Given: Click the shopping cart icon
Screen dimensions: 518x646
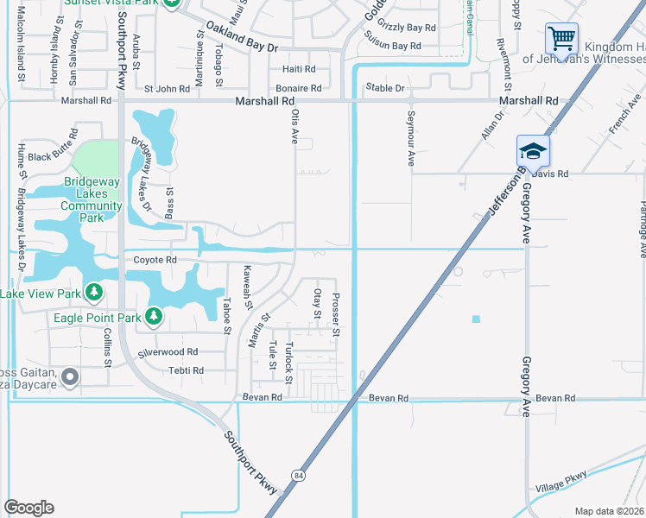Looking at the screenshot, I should coord(561,39).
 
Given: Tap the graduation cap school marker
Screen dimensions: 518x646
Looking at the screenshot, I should coord(533,151).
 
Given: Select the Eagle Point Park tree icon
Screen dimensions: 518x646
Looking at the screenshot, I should coord(154,318).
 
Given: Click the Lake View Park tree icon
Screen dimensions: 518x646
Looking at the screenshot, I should coord(93,294).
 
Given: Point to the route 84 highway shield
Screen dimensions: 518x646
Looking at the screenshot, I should coord(299,476).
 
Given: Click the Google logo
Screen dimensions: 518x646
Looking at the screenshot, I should coord(28,508).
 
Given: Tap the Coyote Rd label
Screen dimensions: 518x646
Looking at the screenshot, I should coord(155,260).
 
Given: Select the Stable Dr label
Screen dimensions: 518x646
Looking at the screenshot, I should coord(385,88).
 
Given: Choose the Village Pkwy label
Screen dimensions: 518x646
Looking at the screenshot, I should coord(563,481).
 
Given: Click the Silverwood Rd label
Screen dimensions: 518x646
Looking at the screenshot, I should coord(168,352).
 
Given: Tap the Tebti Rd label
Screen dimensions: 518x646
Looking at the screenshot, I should coord(186,370).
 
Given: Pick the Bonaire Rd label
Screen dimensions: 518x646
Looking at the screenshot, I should coord(299,88).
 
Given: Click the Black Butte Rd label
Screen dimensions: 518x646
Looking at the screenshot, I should coord(53,157).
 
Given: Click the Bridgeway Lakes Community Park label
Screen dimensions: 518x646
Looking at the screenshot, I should coord(92,199).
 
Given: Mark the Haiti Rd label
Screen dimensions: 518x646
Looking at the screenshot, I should coord(299,68).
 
